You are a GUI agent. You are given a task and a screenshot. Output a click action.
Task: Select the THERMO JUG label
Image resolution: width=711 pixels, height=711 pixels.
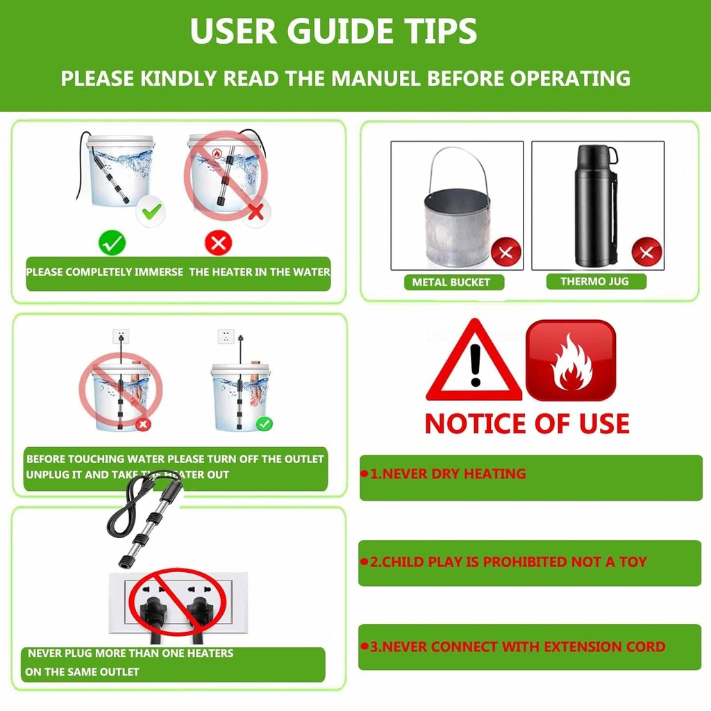(x=594, y=281)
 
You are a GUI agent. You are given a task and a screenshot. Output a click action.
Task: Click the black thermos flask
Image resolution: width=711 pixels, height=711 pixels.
(x=594, y=206)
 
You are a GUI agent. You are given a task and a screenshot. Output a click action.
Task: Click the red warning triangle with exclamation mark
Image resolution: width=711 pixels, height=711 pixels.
(x=474, y=361)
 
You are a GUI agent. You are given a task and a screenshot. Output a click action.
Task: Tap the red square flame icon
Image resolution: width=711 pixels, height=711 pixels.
(x=571, y=360)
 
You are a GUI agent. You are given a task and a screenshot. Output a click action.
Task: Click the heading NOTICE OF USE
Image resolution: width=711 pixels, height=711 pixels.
(x=527, y=424)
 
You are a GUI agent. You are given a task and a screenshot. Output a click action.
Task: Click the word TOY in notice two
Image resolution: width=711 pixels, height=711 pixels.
(x=633, y=562)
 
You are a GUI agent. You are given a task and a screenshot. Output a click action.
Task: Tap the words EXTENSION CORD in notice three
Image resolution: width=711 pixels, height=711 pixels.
(x=605, y=646)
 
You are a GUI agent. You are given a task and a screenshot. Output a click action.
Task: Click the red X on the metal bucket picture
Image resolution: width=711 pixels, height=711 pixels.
(x=506, y=252)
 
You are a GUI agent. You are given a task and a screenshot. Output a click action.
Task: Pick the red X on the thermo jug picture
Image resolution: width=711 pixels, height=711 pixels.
(x=646, y=252)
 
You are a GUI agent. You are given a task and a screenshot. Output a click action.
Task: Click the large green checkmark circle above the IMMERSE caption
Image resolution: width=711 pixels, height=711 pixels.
(x=112, y=243)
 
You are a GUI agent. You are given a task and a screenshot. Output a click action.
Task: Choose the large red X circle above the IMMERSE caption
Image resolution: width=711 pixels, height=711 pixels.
(x=218, y=243)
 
